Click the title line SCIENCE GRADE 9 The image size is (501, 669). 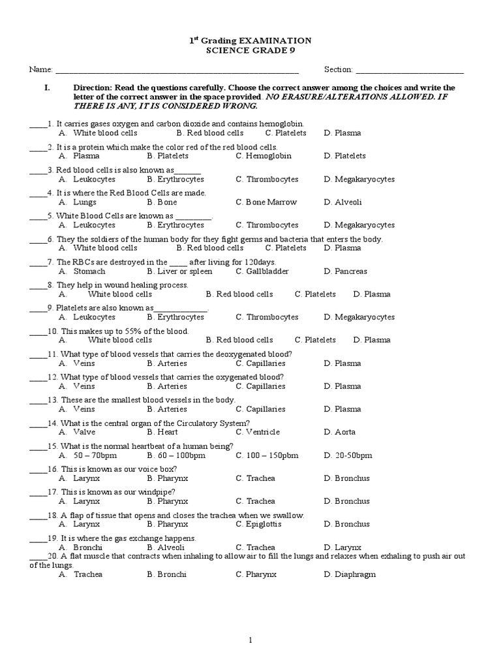[x=250, y=52]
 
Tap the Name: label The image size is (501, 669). [x=40, y=69]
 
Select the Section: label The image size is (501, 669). [x=338, y=69]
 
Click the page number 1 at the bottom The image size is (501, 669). [x=250, y=641]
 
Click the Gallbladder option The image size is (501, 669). [x=262, y=271]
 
